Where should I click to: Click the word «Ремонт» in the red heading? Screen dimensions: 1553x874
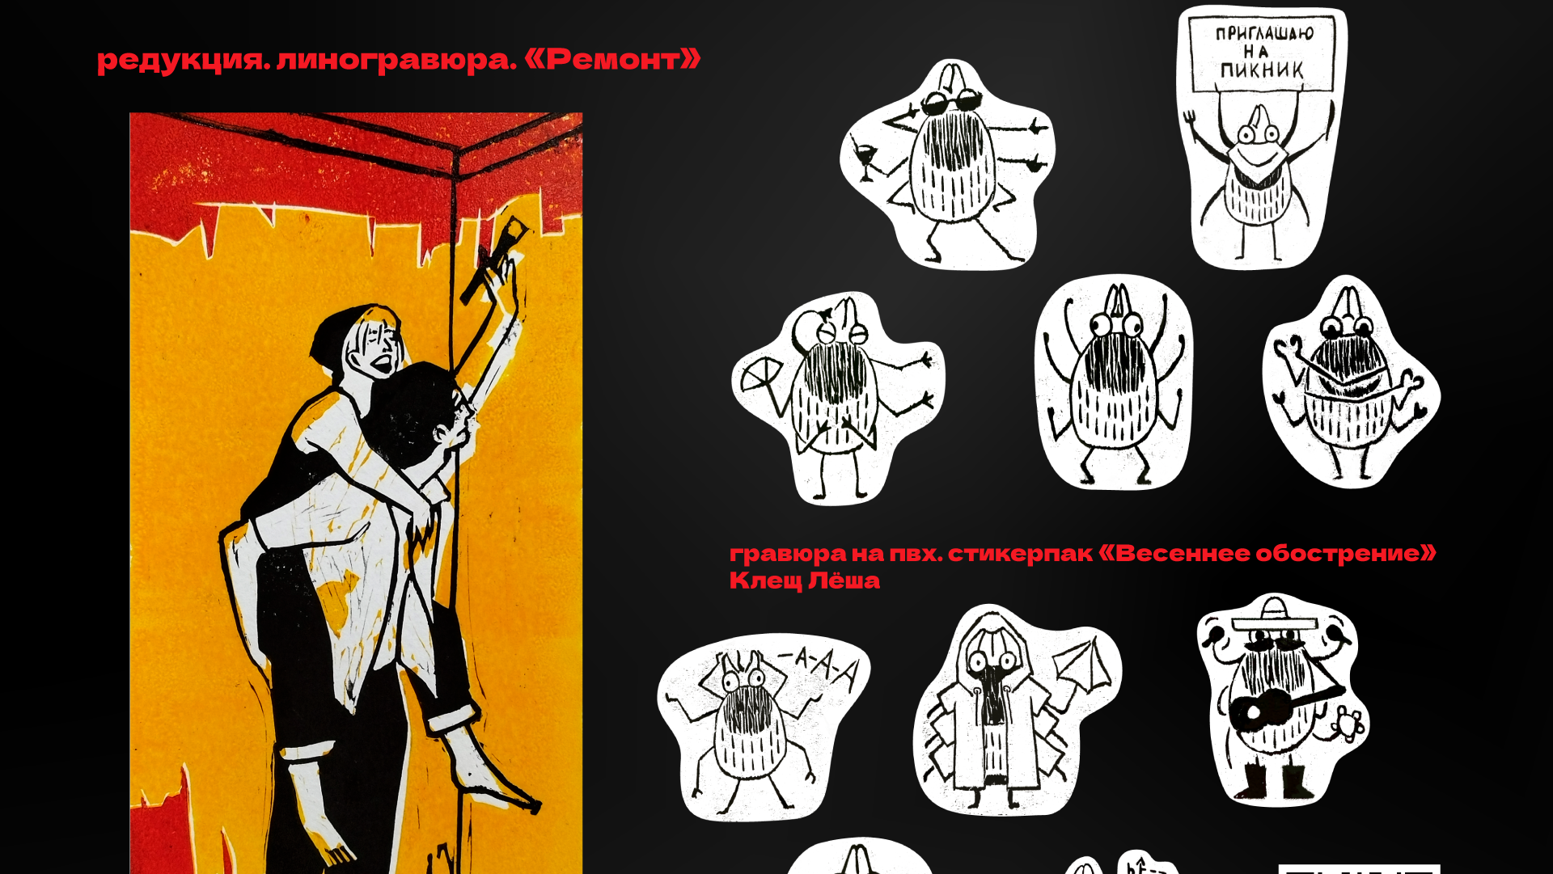(612, 59)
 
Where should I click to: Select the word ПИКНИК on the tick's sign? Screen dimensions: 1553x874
(1262, 70)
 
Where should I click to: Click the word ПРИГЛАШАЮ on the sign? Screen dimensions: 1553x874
(1264, 33)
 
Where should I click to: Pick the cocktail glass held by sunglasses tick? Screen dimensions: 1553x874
(865, 158)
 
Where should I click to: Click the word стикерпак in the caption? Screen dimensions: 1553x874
(1020, 554)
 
